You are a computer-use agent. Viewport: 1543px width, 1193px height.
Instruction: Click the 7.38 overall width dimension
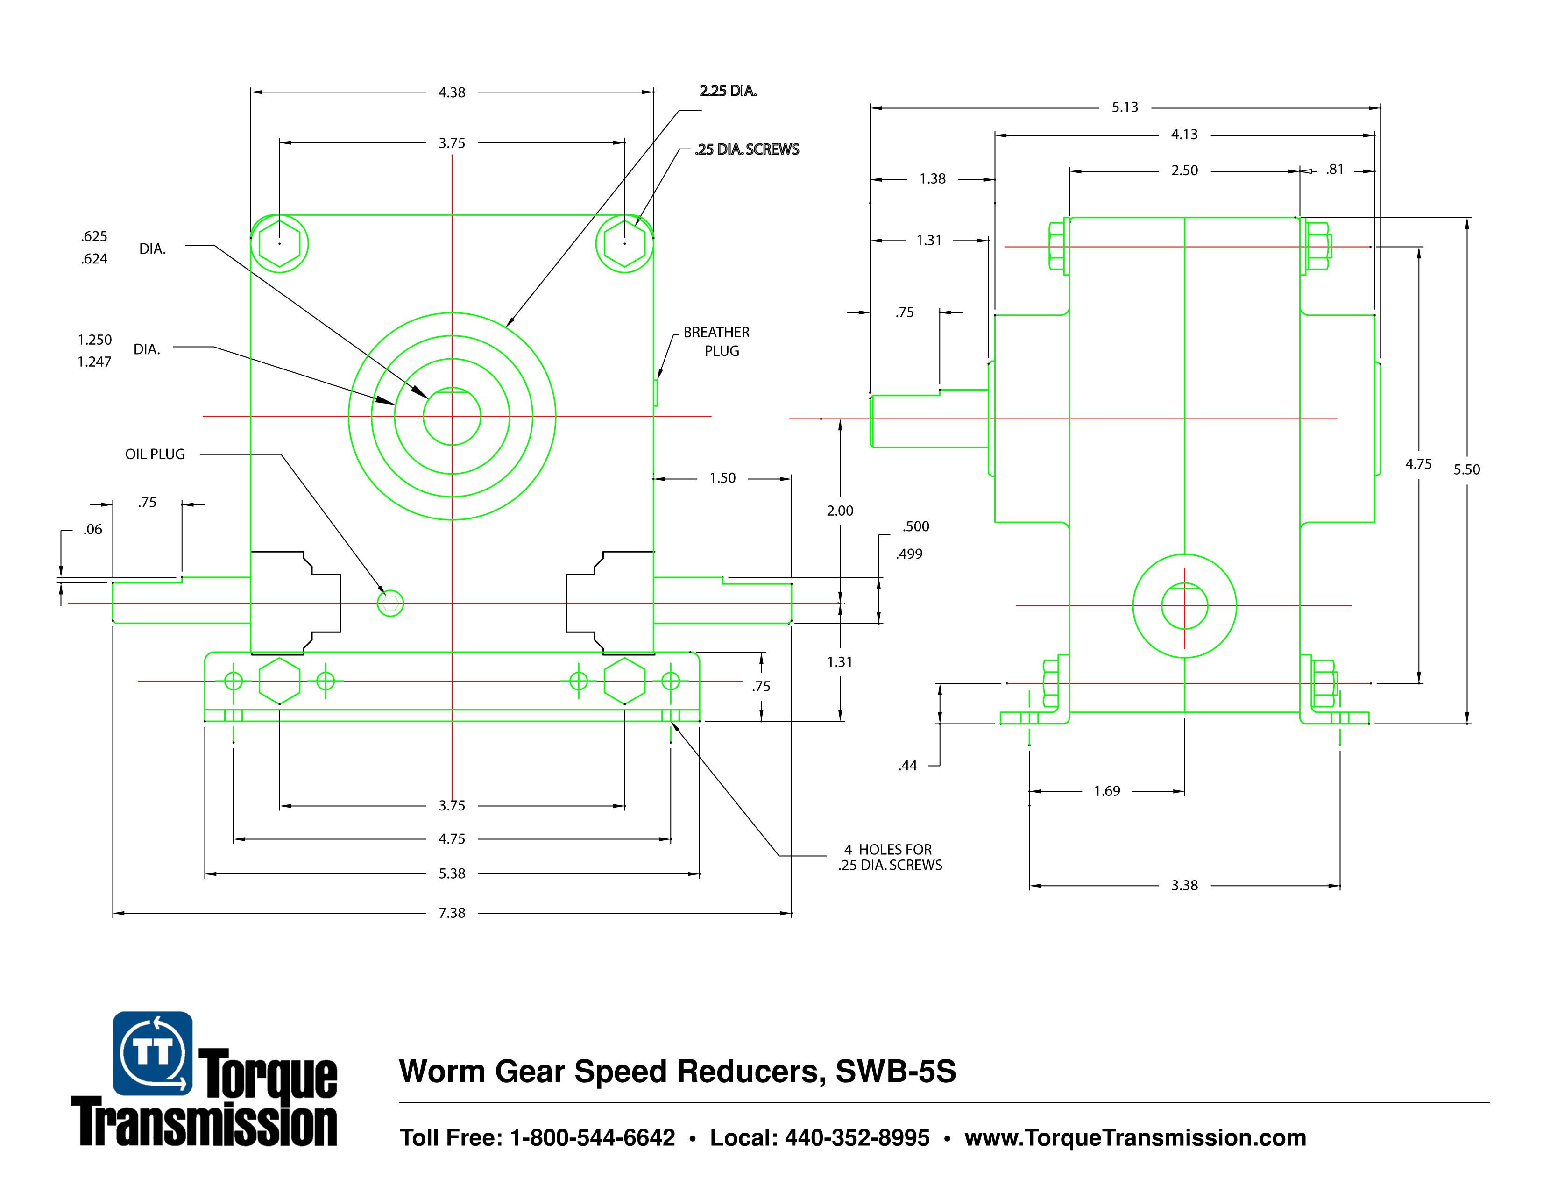pos(452,912)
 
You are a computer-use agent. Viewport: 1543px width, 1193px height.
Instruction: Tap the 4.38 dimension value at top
pos(452,92)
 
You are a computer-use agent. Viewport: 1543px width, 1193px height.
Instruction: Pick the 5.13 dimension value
pos(1125,107)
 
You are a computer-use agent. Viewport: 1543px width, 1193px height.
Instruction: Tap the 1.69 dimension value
pos(1107,791)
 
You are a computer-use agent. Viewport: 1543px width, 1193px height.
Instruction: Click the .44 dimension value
pos(908,766)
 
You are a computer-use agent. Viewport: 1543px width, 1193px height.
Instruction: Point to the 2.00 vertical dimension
pos(840,510)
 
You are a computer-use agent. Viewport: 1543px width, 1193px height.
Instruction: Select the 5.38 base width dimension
pos(452,873)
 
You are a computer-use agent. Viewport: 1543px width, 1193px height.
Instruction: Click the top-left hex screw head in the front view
pos(280,243)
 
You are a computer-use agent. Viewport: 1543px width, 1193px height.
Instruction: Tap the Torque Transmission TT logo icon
pos(153,1053)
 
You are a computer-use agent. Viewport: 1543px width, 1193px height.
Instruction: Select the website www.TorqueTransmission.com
pos(1135,1137)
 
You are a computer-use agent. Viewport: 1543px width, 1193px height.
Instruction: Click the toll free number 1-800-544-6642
pos(592,1137)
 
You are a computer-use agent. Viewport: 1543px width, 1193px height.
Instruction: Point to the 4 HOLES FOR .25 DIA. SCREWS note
pos(890,857)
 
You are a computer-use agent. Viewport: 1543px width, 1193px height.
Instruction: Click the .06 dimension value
pos(92,529)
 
